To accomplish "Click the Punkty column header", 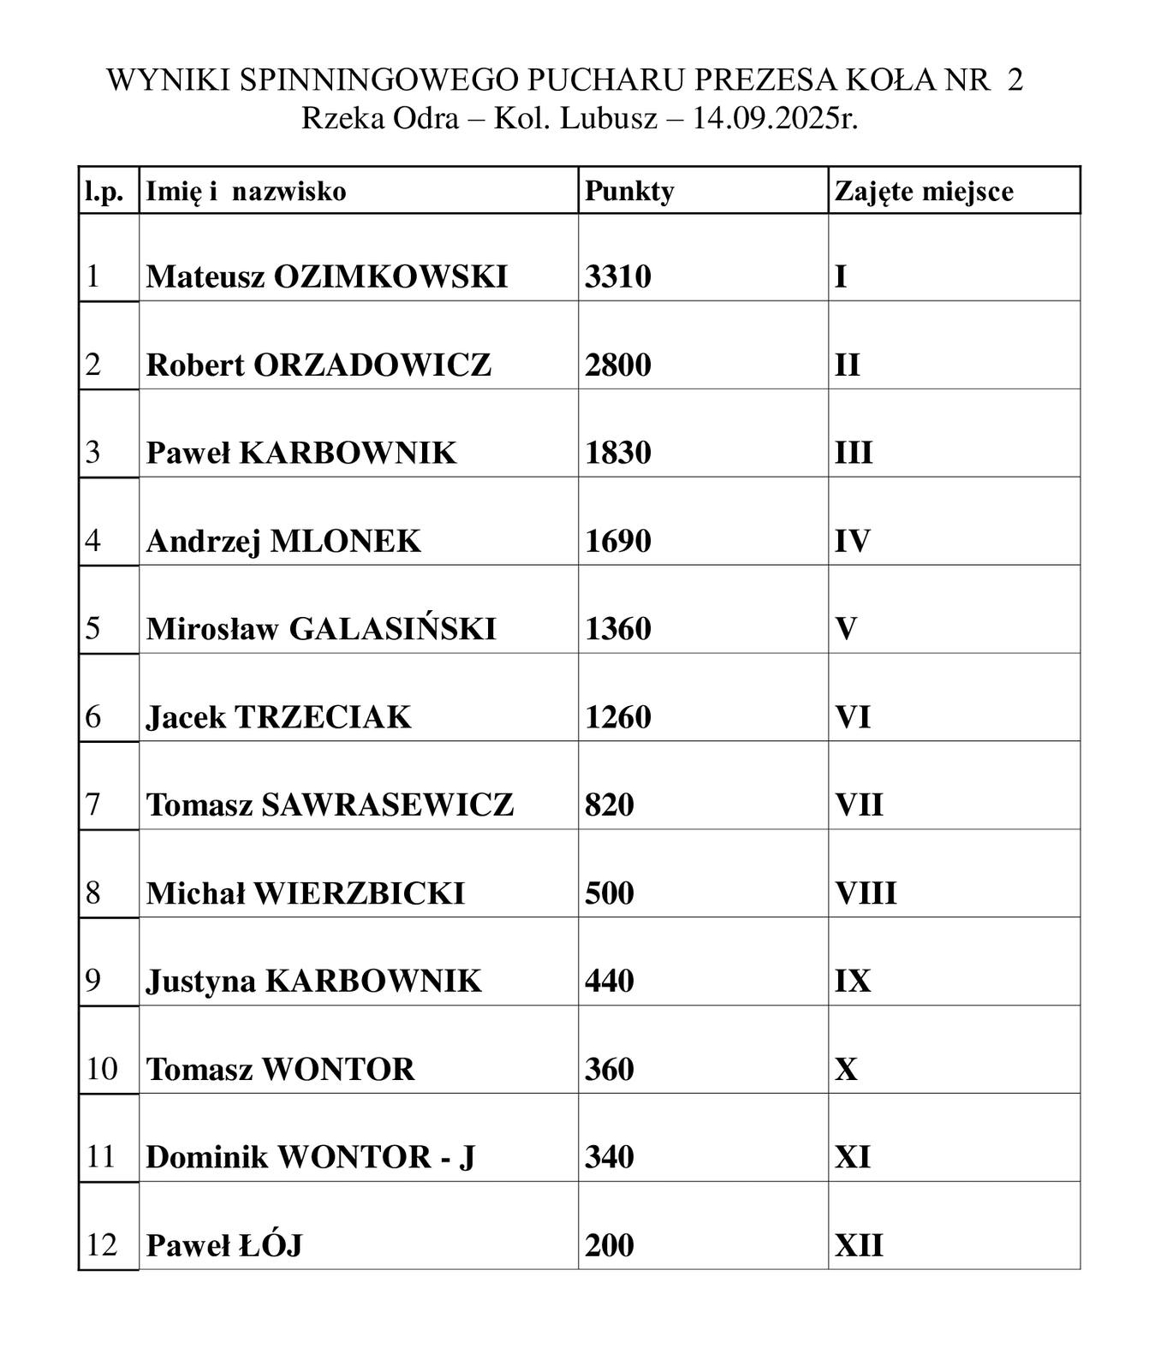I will coord(629,191).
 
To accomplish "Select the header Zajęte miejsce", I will coord(924,191).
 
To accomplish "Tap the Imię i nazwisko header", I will coord(246,191).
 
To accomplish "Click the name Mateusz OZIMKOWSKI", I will coord(327,276).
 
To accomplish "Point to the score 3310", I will coord(618,276).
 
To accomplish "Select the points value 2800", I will coord(618,365).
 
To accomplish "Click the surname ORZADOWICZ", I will coord(372,365).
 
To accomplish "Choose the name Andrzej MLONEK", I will coord(283,541).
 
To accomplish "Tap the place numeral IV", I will coord(853,541).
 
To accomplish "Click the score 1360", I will coord(618,629).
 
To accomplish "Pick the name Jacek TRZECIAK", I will coord(278,717).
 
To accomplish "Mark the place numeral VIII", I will coord(866,893).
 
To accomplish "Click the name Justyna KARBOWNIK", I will coord(313,981).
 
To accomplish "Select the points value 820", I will coord(610,804).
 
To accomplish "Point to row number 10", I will coord(102,1069).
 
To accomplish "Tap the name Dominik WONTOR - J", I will coord(310,1157).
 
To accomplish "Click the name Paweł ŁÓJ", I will coord(224,1245).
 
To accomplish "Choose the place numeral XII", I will coord(859,1245).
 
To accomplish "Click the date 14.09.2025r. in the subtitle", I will coord(775,118).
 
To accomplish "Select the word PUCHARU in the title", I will coord(606,80).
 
